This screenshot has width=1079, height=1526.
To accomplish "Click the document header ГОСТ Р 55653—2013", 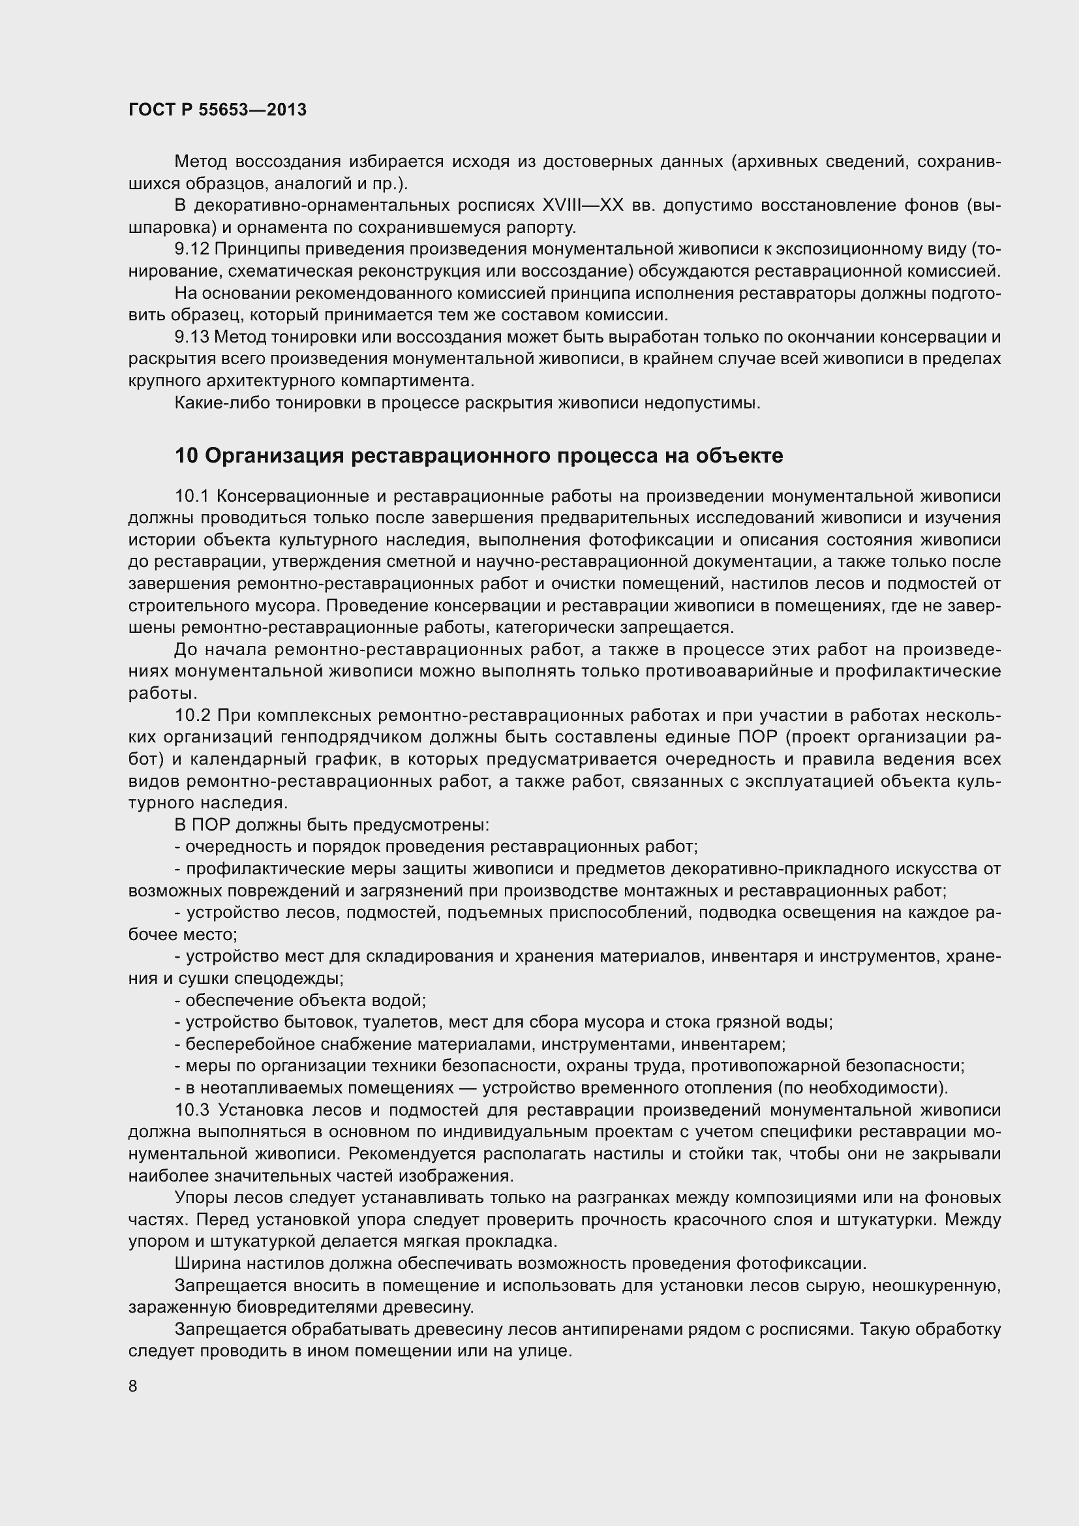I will coord(217,110).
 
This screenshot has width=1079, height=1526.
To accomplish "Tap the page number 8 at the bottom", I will coord(133,1386).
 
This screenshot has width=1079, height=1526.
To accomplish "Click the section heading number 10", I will coord(186,456).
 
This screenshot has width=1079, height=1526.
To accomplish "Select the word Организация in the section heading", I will coord(274,456).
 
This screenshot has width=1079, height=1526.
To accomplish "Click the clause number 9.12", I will coord(192,249).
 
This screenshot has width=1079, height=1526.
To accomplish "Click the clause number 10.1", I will coord(192,496).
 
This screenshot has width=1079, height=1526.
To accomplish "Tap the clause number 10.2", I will coord(192,715).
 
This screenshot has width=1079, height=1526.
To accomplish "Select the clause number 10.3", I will coord(192,1110).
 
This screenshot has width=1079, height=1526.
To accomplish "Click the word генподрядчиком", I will coord(351,737).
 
